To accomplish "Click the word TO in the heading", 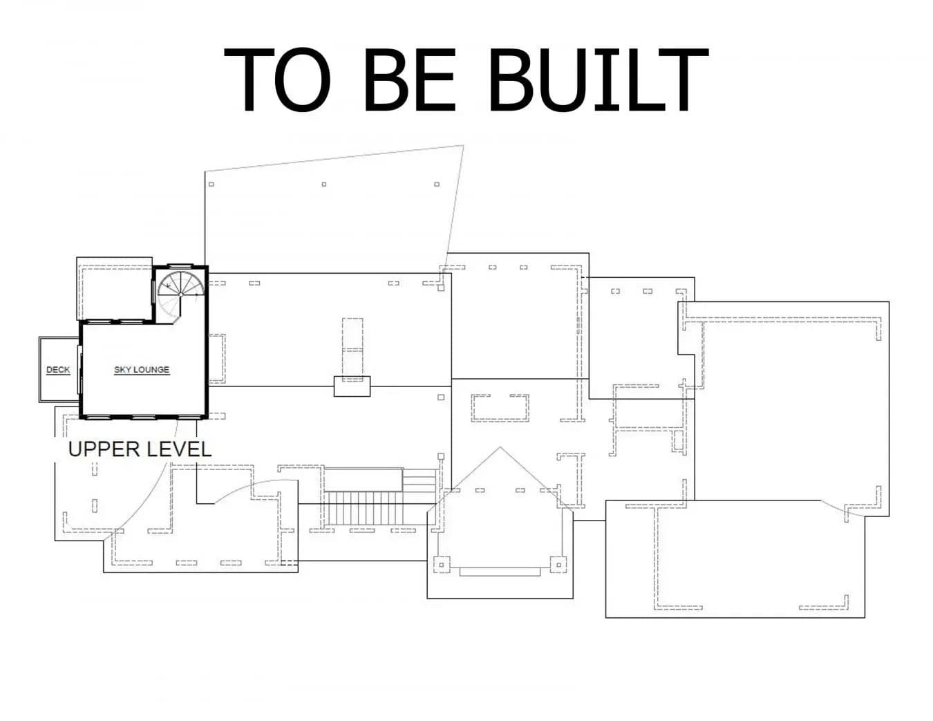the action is [x=278, y=79].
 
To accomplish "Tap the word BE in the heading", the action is [x=409, y=79].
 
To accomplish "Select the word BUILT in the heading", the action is [x=599, y=79].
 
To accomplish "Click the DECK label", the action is [x=58, y=370].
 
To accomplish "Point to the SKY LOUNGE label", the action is [x=142, y=370].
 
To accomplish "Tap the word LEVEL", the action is [x=179, y=449].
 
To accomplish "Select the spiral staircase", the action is [x=180, y=295].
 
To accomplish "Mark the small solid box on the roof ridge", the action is [x=352, y=386].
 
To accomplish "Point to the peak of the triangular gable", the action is [x=500, y=447].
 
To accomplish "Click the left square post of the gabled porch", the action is [x=442, y=565].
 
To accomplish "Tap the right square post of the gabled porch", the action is [x=558, y=565].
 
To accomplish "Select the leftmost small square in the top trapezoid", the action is [x=211, y=184].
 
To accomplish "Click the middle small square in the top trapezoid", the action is [x=324, y=184].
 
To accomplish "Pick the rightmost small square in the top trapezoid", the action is [x=437, y=184].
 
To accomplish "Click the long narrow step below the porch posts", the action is [x=500, y=572].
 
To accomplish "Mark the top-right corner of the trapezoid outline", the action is [x=463, y=146].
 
